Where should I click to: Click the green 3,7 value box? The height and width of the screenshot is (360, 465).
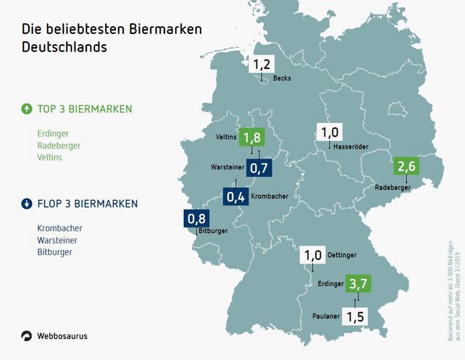point(357,283)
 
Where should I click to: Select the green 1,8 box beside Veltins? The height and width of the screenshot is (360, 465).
point(251,138)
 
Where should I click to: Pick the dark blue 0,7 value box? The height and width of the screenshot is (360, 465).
point(259,169)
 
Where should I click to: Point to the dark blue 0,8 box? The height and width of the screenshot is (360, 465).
point(196,218)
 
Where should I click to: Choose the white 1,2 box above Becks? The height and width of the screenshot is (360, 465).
point(262,64)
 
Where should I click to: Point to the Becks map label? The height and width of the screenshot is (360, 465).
point(282,78)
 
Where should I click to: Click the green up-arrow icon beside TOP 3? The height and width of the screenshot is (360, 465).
point(27,109)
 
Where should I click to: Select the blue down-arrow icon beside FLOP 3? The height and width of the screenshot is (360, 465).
point(27,203)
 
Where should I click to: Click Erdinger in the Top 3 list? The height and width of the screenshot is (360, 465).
point(53,133)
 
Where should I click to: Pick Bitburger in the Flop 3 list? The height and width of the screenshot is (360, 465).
point(55,252)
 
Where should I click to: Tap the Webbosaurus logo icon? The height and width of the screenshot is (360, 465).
point(27,335)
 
